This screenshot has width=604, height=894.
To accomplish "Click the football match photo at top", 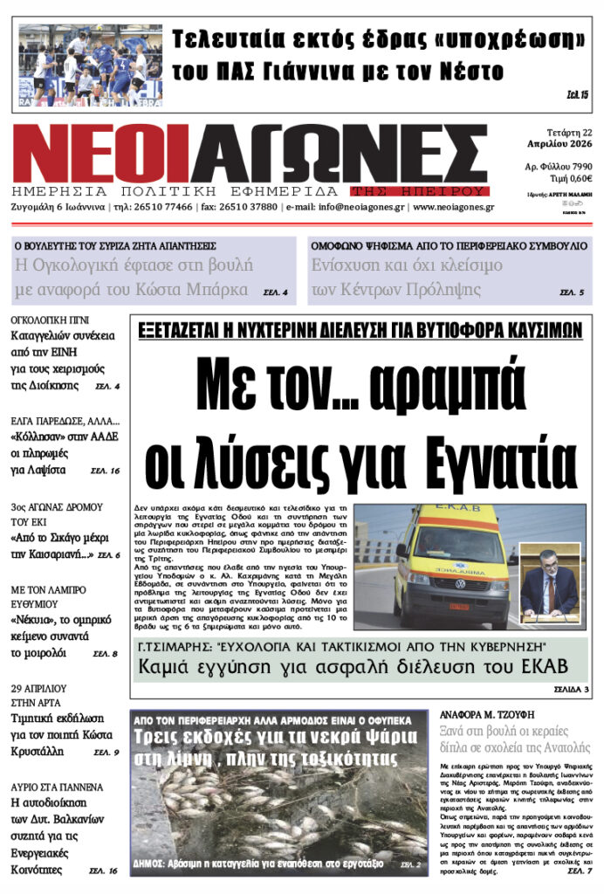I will coord(91,65).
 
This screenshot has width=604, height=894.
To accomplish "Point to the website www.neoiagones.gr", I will coord(453,208).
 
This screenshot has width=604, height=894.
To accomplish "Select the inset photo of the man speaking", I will coord(549,583).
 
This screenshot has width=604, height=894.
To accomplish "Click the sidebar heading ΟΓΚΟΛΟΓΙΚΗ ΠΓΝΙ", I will coord(51,320).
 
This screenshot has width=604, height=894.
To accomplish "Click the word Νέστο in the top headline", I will coord(470,70).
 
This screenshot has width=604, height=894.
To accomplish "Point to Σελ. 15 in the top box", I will coord(578,94).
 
